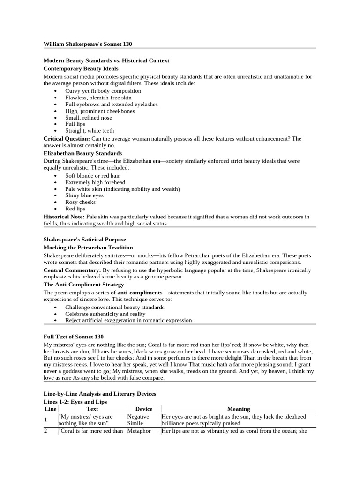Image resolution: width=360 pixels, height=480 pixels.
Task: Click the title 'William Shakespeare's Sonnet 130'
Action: coord(88,44)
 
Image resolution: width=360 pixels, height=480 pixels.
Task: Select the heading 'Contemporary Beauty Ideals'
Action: coord(81,68)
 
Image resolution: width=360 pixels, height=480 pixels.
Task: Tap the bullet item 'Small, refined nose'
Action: coord(89,118)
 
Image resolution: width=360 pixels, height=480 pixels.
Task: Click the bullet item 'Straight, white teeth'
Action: coord(90,131)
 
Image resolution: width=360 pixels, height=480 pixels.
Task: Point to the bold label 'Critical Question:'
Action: coord(67,139)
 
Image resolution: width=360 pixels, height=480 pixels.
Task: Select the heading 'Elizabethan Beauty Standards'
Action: coord(82,153)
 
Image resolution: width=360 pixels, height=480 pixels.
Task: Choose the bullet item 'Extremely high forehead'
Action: coord(95,182)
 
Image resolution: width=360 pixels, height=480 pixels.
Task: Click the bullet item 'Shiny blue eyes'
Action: coord(84,195)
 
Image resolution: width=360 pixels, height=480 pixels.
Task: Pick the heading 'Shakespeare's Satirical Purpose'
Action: coord(84,240)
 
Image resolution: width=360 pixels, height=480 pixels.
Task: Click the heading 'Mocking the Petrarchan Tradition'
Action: coord(88,247)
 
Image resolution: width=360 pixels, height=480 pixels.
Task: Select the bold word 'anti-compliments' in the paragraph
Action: coord(138,292)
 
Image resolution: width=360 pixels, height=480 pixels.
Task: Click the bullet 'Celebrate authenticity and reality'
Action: coord(105,314)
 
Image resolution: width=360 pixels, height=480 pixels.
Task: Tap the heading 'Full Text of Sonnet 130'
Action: coord(74,337)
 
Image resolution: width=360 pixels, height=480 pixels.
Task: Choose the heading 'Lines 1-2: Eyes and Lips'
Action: coord(75,402)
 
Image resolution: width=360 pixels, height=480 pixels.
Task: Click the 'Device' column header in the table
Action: coord(143,409)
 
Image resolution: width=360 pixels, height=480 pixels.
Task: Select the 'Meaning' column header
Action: coord(239,409)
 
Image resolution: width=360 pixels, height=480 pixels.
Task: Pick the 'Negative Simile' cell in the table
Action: coord(138,420)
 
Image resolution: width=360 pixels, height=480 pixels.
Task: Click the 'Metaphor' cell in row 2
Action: coord(139,431)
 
